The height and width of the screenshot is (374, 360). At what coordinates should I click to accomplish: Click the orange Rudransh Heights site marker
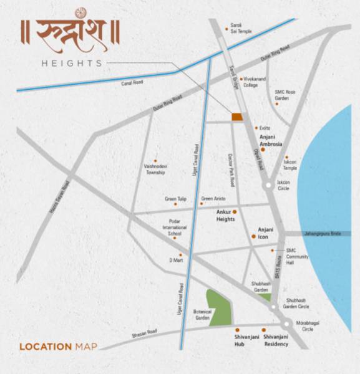click(x=237, y=117)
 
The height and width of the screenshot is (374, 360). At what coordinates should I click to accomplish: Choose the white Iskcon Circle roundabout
click(x=267, y=186)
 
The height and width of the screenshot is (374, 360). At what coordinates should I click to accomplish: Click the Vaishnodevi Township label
click(x=155, y=170)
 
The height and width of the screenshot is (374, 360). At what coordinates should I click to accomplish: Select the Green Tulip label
click(x=176, y=199)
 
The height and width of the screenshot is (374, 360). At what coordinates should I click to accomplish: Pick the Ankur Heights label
click(x=225, y=216)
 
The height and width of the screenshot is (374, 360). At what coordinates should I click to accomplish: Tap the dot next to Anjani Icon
click(x=253, y=236)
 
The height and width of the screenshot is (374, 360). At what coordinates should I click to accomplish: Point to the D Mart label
click(x=174, y=260)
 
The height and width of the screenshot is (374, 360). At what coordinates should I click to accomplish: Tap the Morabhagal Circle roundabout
click(x=286, y=324)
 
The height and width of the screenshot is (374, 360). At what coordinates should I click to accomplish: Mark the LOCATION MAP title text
click(x=58, y=347)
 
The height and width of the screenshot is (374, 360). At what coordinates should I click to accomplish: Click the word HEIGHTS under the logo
click(x=71, y=63)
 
